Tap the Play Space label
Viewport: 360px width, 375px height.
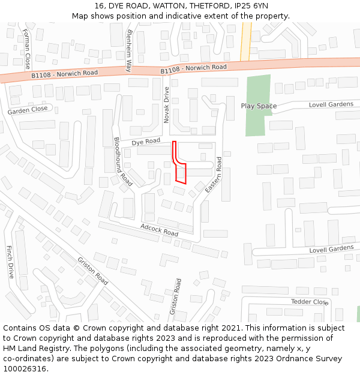259,106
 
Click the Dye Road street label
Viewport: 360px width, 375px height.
146,142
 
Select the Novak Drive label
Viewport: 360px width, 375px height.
167,105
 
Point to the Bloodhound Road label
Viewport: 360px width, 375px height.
123,161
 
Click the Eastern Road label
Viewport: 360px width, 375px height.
214,175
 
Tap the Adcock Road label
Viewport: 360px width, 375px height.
160,229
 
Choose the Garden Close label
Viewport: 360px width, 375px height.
28,110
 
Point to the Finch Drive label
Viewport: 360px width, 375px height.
10,262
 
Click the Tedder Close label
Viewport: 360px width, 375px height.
310,302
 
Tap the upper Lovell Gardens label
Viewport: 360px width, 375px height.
331,104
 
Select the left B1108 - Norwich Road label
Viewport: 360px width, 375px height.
64,73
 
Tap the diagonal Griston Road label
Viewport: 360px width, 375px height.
92,271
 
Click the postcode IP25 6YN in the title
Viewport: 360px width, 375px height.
244,5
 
